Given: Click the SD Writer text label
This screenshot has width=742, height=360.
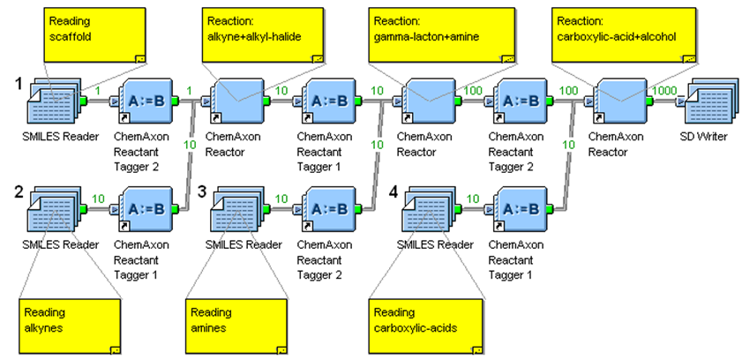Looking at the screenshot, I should [x=711, y=139].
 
